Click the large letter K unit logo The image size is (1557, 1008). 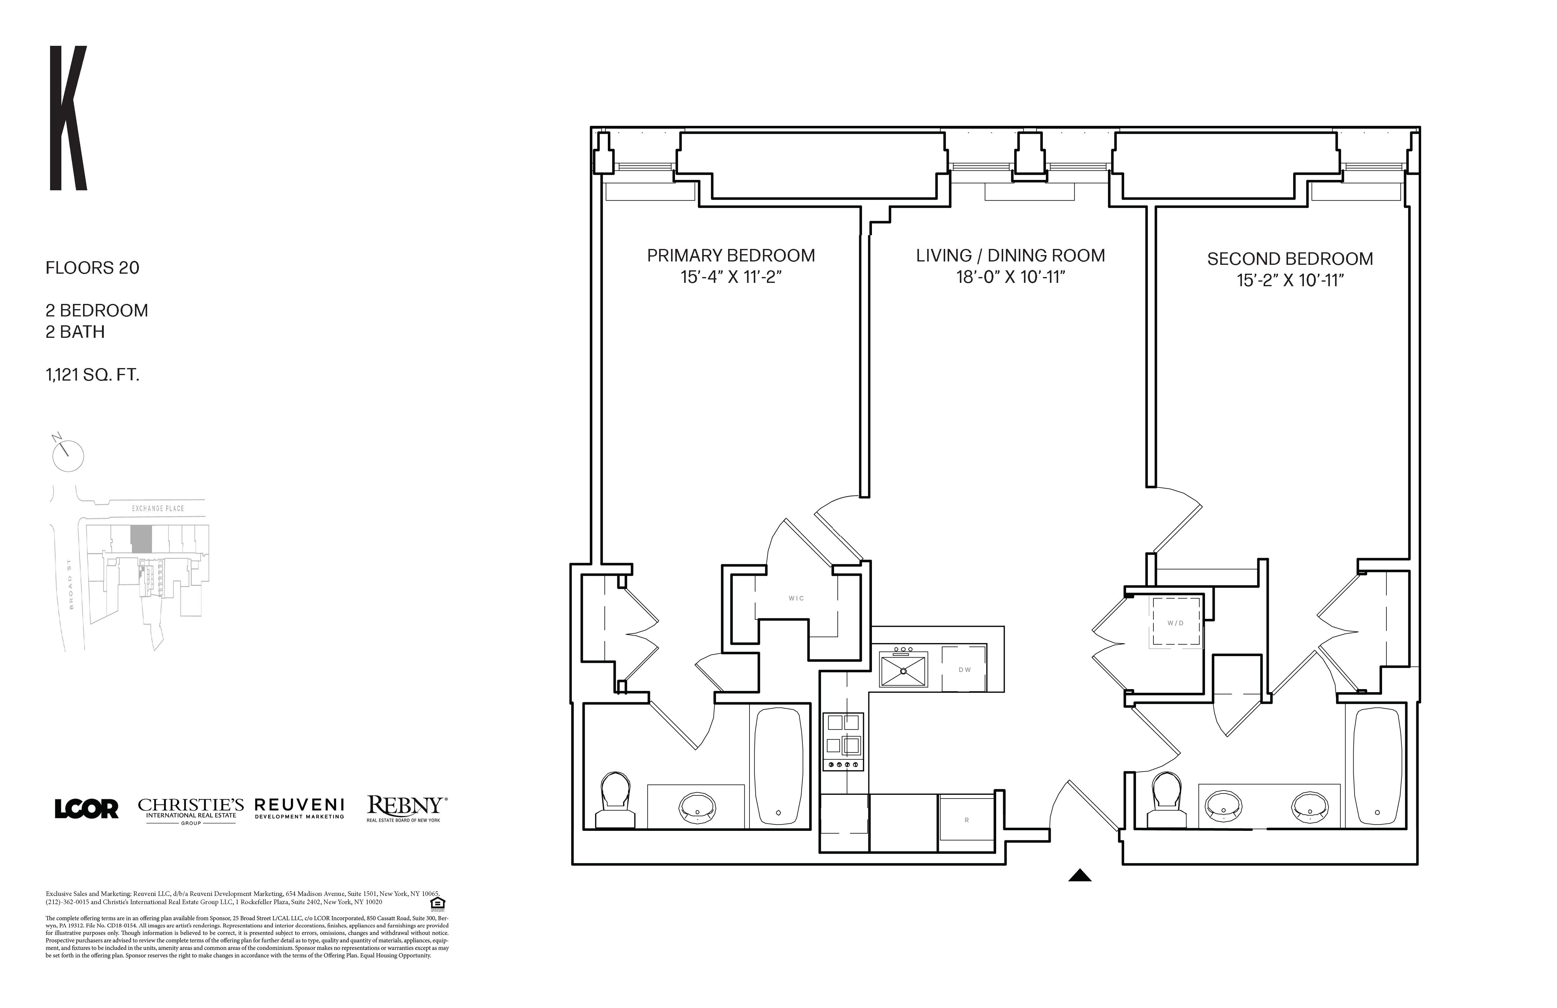click(68, 118)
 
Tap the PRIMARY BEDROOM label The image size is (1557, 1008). click(731, 255)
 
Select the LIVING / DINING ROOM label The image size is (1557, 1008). click(1010, 255)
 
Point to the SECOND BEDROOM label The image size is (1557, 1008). click(1290, 258)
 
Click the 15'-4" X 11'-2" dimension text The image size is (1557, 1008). click(731, 277)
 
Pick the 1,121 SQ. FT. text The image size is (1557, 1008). click(92, 375)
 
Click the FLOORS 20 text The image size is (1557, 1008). click(92, 268)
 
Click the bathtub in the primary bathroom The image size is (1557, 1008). click(778, 766)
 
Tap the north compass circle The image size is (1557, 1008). click(68, 455)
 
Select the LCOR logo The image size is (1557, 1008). click(86, 809)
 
